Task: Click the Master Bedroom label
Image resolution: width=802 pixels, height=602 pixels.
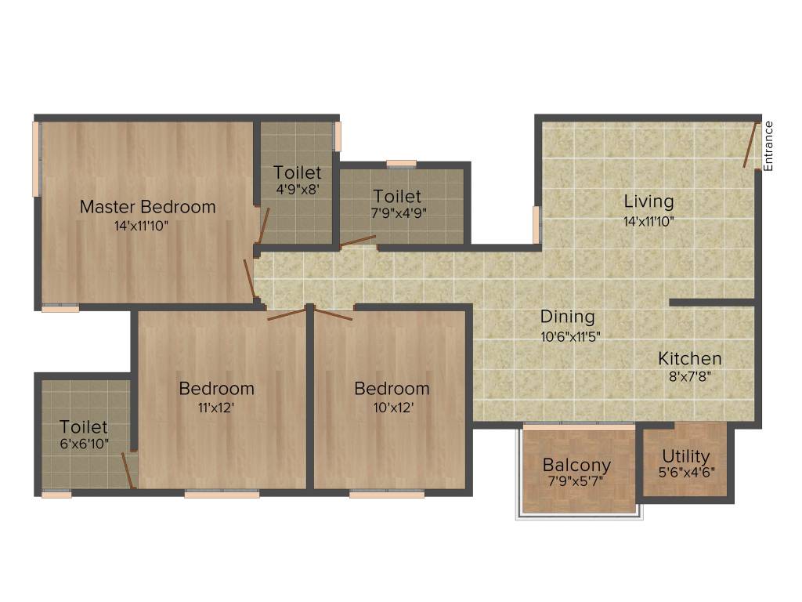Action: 147,207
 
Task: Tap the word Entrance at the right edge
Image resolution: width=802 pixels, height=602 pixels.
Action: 768,146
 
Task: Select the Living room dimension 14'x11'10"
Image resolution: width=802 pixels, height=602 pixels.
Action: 648,221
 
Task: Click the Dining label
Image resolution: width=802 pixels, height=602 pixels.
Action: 568,317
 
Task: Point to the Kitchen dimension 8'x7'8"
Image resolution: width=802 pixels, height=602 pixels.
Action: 689,375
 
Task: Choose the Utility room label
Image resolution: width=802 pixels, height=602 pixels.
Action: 685,456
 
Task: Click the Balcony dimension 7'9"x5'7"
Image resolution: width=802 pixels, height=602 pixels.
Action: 577,482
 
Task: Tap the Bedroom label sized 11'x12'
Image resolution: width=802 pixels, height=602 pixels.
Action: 216,388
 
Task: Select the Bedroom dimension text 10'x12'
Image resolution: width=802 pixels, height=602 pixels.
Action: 391,407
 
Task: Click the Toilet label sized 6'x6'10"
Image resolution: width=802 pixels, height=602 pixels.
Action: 84,427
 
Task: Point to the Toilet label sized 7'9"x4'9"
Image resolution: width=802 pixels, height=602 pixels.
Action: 396,196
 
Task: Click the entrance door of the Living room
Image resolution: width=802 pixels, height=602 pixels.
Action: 751,144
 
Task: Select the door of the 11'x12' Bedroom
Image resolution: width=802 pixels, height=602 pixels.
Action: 287,314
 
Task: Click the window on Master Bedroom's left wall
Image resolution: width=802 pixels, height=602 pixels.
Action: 36,159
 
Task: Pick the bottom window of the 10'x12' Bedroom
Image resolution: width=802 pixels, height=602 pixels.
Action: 387,495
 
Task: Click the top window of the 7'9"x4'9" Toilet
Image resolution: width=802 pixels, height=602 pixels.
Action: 402,164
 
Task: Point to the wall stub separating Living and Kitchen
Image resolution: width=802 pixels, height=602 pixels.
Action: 711,302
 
